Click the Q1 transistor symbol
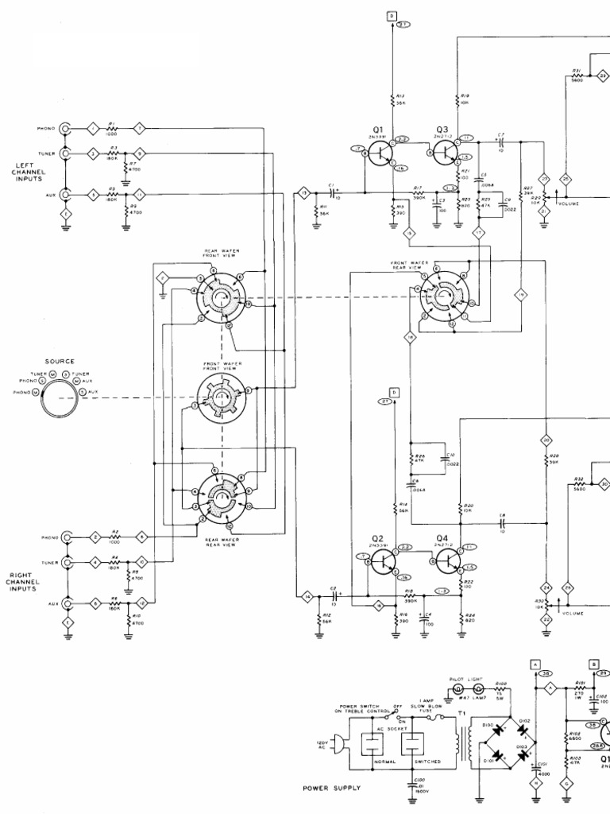380,153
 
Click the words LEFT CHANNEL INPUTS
29,172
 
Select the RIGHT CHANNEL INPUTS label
24,582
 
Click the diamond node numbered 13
303,192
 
